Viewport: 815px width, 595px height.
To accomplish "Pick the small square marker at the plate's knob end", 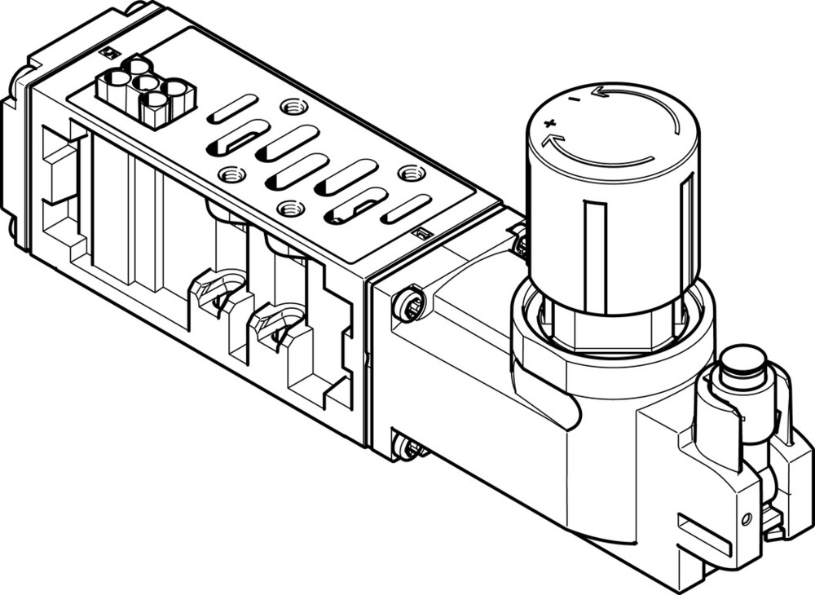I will pyautogui.click(x=421, y=234).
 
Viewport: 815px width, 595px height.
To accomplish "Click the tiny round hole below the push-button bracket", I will pyautogui.click(x=747, y=519).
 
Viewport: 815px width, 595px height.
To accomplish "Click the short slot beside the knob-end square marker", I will pyautogui.click(x=404, y=209).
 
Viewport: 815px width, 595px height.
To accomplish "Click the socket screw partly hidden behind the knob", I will pyautogui.click(x=518, y=241).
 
